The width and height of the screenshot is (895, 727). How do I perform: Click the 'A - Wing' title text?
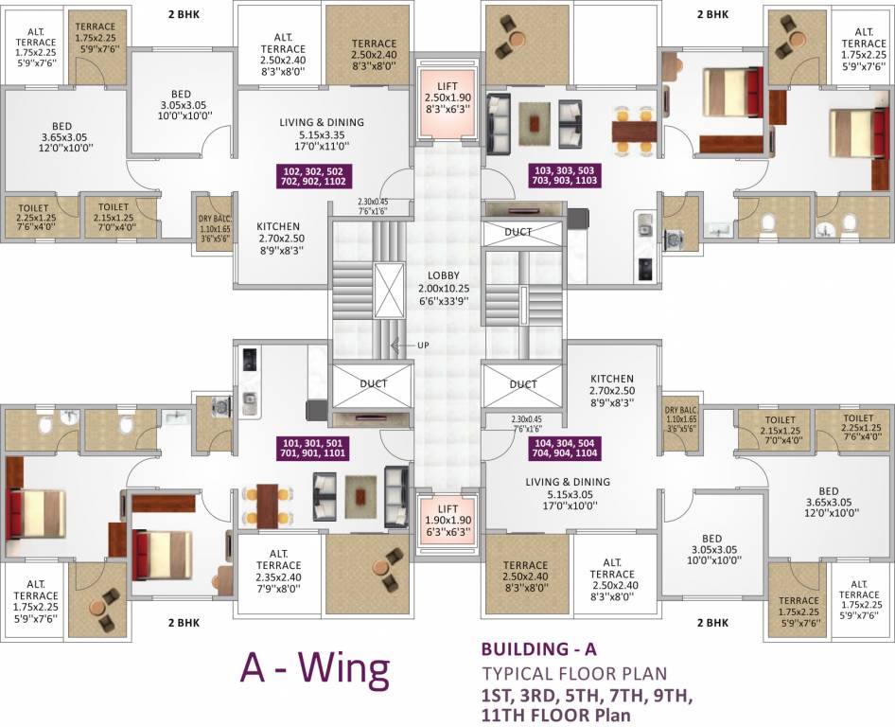[x=315, y=670]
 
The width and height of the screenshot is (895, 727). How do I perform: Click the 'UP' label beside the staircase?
[x=423, y=346]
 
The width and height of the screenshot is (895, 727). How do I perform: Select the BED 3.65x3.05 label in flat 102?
[x=61, y=137]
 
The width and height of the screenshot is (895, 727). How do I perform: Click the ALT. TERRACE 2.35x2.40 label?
[x=278, y=566]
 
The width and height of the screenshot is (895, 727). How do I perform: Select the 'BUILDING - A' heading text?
[x=539, y=650]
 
